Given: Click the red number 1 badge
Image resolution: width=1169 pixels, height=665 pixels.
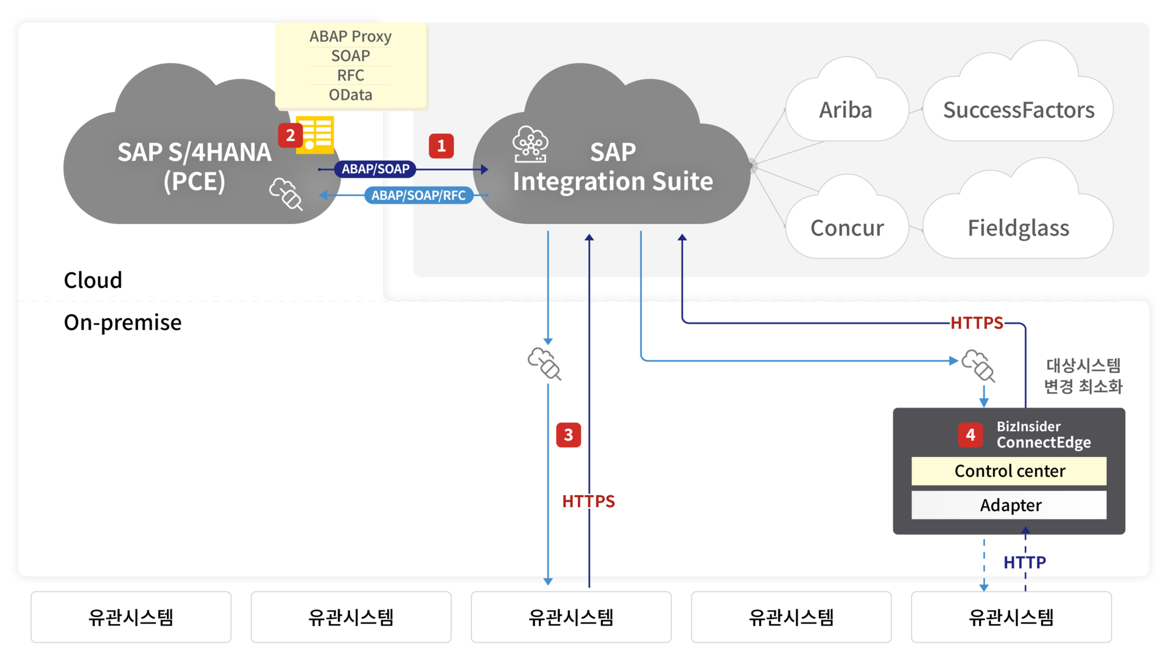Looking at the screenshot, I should pos(441,146).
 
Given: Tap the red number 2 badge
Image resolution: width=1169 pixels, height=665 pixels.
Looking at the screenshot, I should pos(290,135).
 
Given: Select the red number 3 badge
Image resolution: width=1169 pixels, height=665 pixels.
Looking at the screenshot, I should pos(568,435).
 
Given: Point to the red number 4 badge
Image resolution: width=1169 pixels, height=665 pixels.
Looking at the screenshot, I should pos(970,434).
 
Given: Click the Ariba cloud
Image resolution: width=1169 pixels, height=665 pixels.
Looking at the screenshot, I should pos(846,110).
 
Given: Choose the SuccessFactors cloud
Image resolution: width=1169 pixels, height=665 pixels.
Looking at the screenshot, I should pos(1018,110).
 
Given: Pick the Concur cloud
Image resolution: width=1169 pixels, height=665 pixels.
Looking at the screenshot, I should pos(847,228).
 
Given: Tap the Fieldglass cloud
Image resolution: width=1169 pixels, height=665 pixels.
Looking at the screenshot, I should pos(1018,228).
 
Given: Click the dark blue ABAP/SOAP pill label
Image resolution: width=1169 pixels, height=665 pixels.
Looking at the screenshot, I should pos(375,169).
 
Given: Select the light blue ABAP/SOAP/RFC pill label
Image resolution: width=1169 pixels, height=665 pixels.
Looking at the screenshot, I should pos(418,195).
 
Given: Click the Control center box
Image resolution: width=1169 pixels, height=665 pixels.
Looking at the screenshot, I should pos(1009,471).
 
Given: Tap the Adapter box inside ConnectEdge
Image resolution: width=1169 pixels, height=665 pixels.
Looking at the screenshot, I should pos(1009,505).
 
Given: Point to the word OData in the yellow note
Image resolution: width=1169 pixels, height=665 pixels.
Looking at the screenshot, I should pos(350,95).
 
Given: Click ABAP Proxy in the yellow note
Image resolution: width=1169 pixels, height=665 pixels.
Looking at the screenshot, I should pos(350,37).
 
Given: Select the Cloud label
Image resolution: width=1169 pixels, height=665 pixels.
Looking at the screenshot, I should pos(93,280).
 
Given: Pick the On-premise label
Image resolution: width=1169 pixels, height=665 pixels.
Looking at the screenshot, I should pos(122,322).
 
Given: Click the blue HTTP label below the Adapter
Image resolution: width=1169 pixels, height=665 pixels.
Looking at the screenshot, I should pos(1025,562).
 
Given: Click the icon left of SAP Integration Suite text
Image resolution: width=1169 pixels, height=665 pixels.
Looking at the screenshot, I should pos(530,145).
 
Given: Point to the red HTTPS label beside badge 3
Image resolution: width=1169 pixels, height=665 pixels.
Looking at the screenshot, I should pos(588,501).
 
